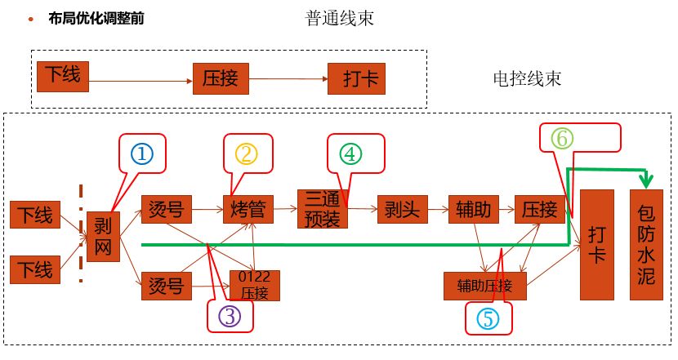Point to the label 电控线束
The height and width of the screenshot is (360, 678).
pyautogui.click(x=527, y=78)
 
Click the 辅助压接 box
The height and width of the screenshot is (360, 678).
pyautogui.click(x=484, y=286)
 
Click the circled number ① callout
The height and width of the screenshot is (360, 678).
pyautogui.click(x=142, y=153)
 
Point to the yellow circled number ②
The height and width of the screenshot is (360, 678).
pyautogui.click(x=246, y=153)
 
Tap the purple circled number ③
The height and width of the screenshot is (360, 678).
pyautogui.click(x=230, y=316)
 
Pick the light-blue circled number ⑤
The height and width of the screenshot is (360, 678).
pyautogui.click(x=488, y=318)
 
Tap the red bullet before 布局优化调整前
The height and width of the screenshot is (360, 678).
pyautogui.click(x=30, y=18)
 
